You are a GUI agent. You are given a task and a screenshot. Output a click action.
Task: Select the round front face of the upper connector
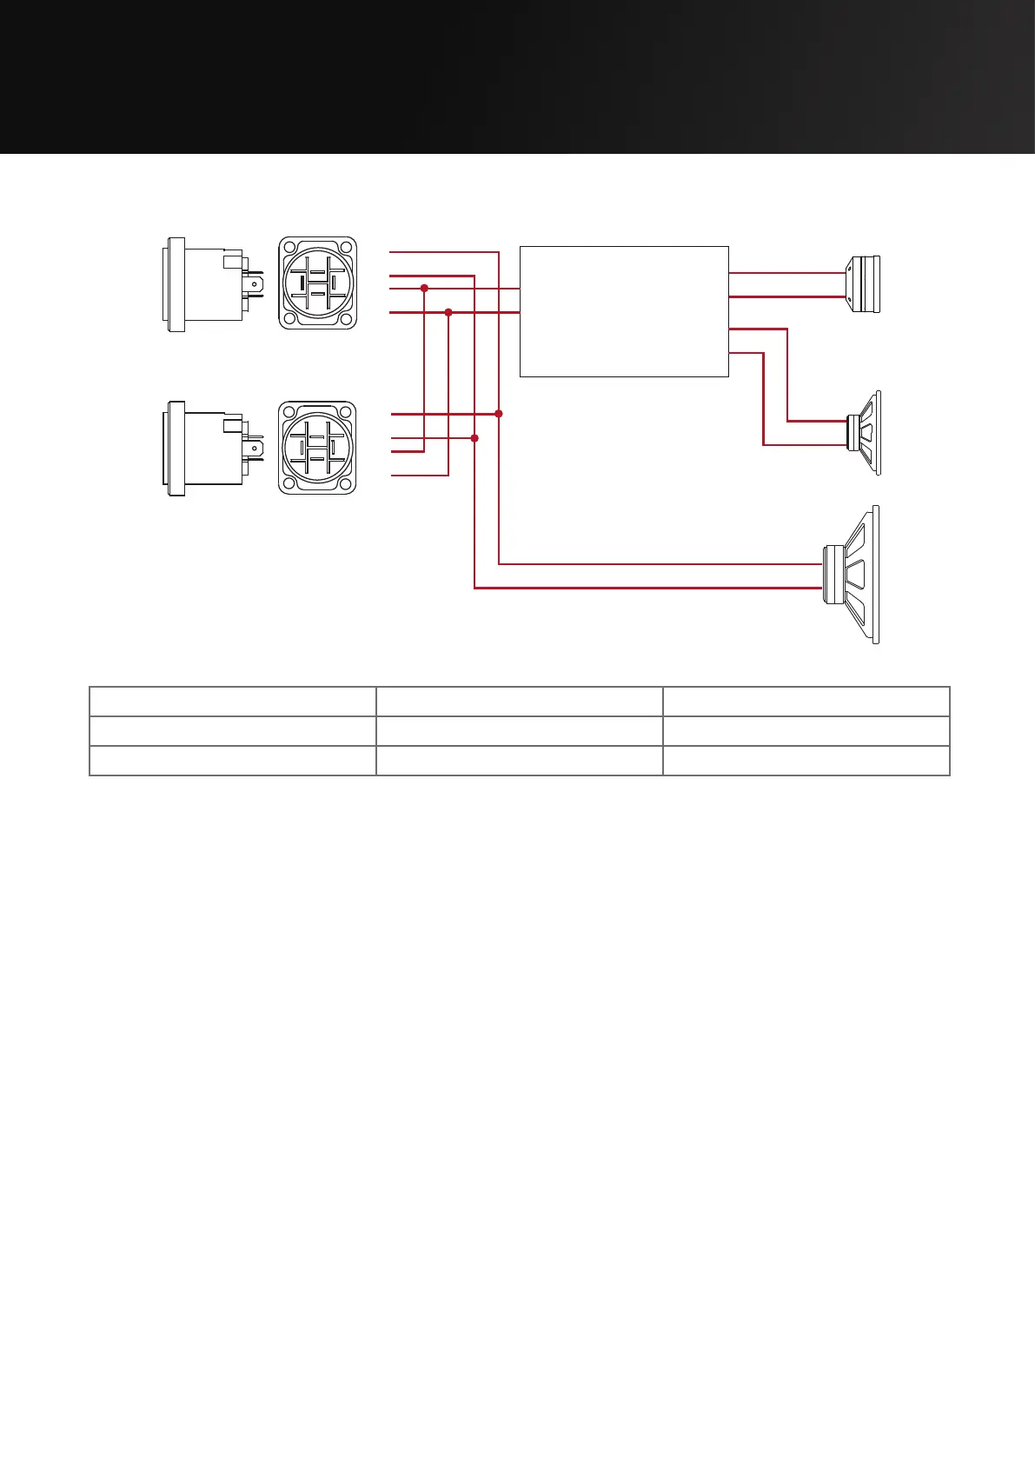pyautogui.click(x=317, y=283)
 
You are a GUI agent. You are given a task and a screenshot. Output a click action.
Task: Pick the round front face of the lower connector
pyautogui.click(x=317, y=448)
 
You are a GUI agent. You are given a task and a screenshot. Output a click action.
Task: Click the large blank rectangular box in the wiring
pyautogui.click(x=623, y=311)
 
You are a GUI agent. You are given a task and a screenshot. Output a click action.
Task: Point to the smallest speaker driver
pyautogui.click(x=865, y=284)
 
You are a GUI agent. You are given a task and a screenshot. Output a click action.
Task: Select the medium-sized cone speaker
pyautogui.click(x=866, y=432)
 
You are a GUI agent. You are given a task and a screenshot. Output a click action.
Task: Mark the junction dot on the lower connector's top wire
pyautogui.click(x=499, y=414)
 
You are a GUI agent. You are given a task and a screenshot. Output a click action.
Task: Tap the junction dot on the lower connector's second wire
pyautogui.click(x=474, y=438)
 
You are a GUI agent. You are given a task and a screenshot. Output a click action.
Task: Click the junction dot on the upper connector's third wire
pyautogui.click(x=424, y=288)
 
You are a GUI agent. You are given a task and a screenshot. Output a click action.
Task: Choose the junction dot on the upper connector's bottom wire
pyautogui.click(x=448, y=311)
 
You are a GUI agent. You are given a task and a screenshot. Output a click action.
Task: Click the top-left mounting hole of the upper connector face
pyautogui.click(x=289, y=247)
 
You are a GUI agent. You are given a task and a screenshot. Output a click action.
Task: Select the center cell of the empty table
pyautogui.click(x=519, y=731)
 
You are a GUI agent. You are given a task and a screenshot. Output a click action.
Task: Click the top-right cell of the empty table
pyautogui.click(x=806, y=701)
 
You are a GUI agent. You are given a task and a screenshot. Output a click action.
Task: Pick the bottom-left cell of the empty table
pyautogui.click(x=232, y=761)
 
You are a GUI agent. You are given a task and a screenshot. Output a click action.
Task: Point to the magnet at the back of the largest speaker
pyautogui.click(x=833, y=575)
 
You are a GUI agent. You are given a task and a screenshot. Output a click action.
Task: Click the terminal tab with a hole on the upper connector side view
pyautogui.click(x=254, y=283)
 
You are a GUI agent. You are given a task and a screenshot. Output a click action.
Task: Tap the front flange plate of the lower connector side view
pyautogui.click(x=176, y=449)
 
